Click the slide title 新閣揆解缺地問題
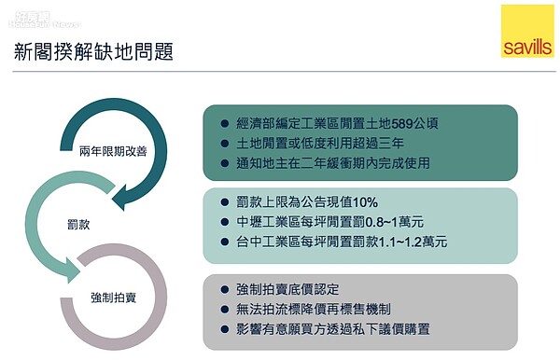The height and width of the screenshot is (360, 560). [93, 51]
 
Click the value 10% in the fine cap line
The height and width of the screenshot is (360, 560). [365, 201]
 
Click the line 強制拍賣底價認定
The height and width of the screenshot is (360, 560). [283, 288]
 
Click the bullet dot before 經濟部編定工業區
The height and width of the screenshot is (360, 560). [224, 123]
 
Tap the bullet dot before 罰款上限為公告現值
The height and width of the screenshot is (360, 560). [224, 201]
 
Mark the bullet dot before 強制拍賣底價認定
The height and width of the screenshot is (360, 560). [224, 288]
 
